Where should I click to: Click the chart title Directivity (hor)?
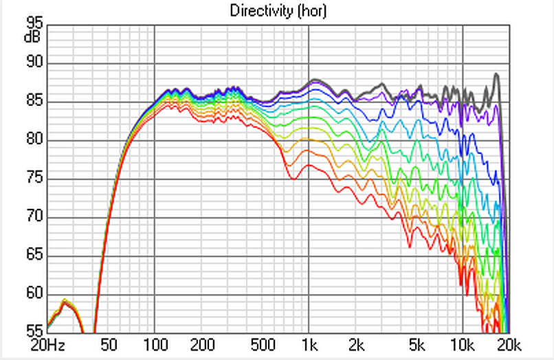coord(277,10)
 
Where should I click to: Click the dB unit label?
coord(33,36)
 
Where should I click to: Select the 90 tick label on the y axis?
coord(34,63)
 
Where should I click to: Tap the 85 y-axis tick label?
coord(34,102)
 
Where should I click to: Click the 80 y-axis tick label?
coord(34,140)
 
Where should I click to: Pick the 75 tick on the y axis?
coord(34,179)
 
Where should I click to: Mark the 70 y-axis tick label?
coord(34,217)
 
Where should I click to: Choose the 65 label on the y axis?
coord(34,256)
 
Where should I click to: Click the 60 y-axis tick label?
coord(34,294)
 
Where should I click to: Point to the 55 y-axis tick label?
coord(34,330)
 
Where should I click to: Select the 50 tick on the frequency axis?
coord(109,344)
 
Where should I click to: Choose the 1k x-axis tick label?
coord(309,344)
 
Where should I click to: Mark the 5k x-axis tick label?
coord(417,344)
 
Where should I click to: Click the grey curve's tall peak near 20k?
coord(496,74)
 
